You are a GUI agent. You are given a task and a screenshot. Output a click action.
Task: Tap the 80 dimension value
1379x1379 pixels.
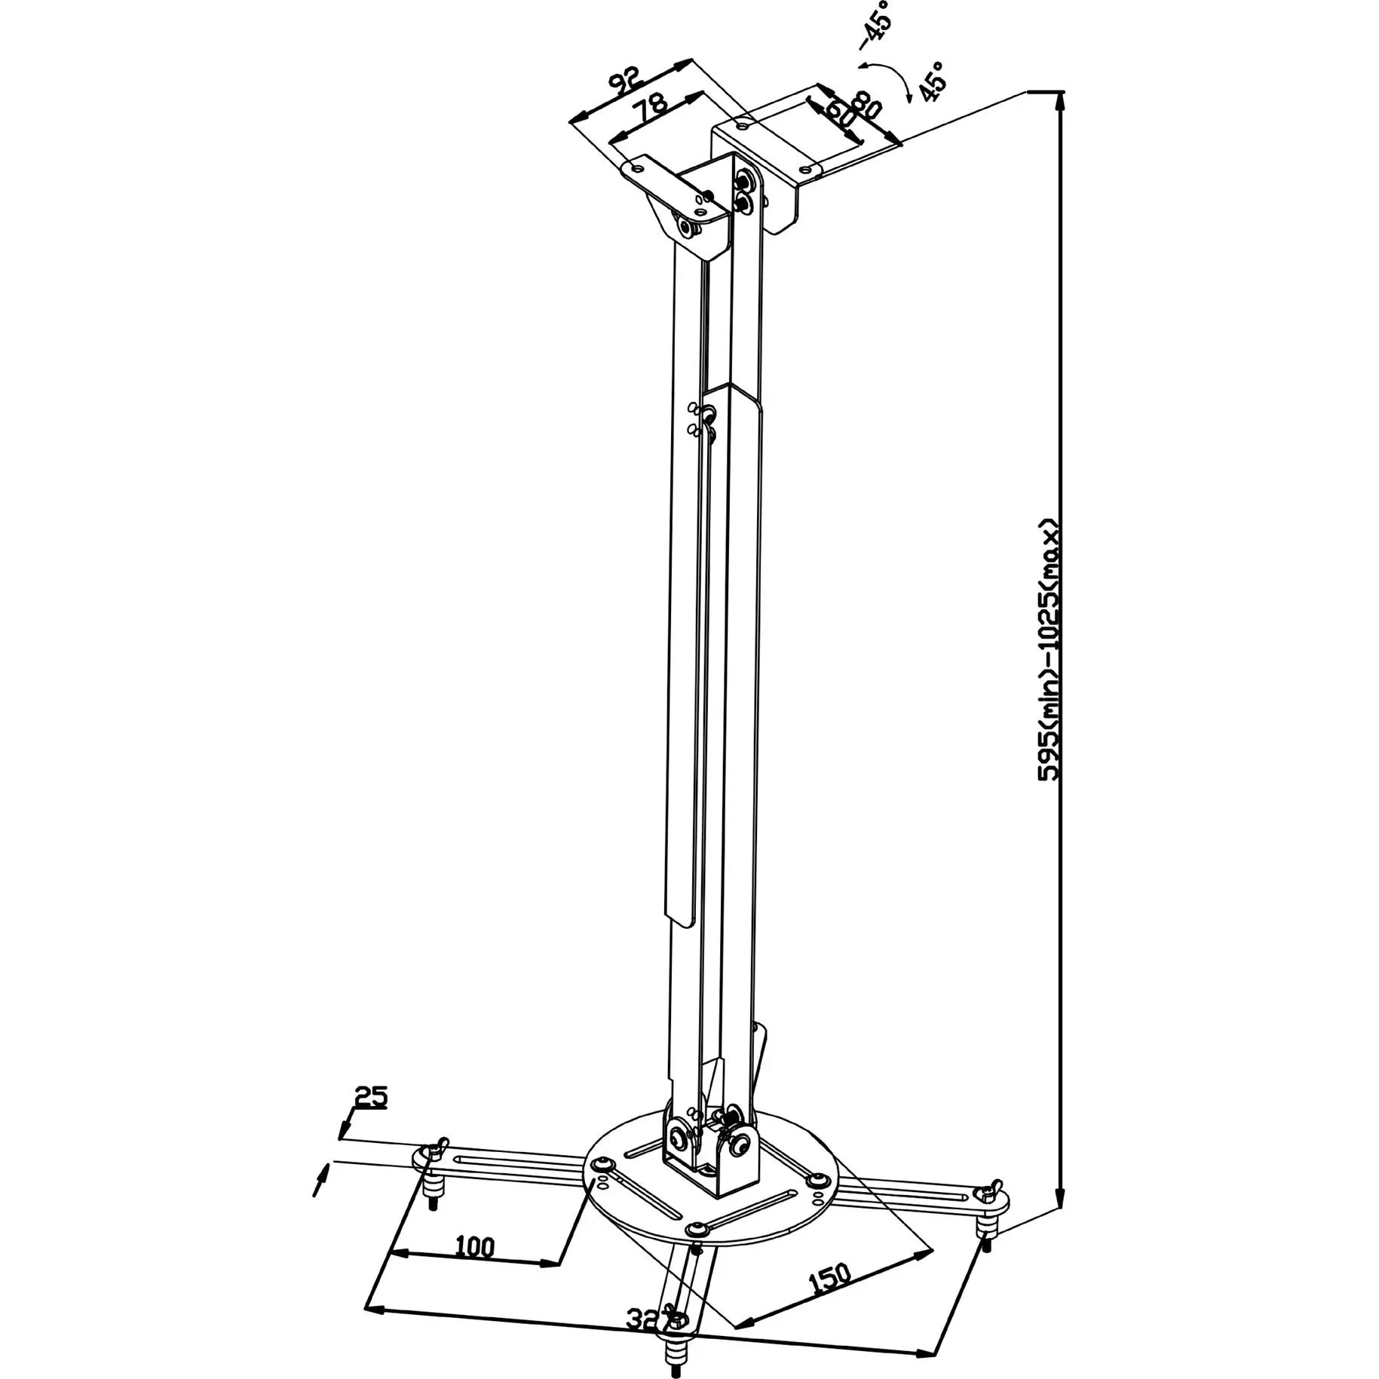point(865,104)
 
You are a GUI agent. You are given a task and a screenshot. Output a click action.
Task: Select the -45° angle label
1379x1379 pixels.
point(875,25)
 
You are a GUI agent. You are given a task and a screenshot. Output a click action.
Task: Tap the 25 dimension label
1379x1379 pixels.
point(370,1096)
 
